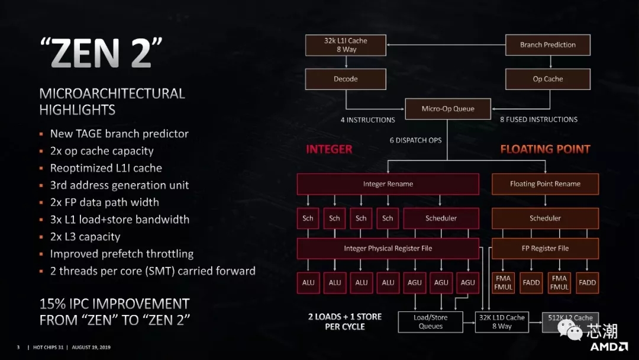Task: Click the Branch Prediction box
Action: pyautogui.click(x=548, y=45)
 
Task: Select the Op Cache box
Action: pyautogui.click(x=548, y=79)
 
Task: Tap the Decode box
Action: pyautogui.click(x=346, y=79)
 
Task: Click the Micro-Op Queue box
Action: pyautogui.click(x=448, y=109)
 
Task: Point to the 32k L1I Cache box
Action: pyautogui.click(x=346, y=45)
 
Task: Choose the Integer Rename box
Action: pyautogui.click(x=388, y=184)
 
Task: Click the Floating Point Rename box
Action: pyautogui.click(x=546, y=184)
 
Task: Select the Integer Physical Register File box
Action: pyautogui.click(x=388, y=248)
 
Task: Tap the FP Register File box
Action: pyautogui.click(x=546, y=248)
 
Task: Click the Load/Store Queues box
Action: pyautogui.click(x=430, y=322)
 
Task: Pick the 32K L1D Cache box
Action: pyautogui.click(x=502, y=322)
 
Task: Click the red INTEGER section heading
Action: pyautogui.click(x=329, y=149)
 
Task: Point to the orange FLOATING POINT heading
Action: pyautogui.click(x=546, y=149)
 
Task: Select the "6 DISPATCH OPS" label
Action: pyautogui.click(x=416, y=140)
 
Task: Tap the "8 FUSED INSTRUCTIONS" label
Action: pyautogui.click(x=539, y=120)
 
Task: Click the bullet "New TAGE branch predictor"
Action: pyautogui.click(x=120, y=134)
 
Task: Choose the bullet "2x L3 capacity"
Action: pyautogui.click(x=85, y=237)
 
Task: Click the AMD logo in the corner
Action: pyautogui.click(x=609, y=347)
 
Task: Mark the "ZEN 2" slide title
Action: pyautogui.click(x=101, y=53)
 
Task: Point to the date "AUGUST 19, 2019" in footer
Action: pyautogui.click(x=91, y=348)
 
